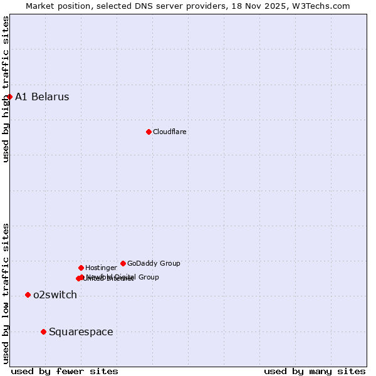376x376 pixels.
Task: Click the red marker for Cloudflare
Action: tap(149, 132)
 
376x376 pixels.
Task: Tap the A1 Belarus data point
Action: tap(9, 97)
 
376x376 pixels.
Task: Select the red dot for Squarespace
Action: tap(43, 332)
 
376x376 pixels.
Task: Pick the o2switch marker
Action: tap(28, 295)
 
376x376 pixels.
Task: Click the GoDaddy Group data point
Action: tap(123, 263)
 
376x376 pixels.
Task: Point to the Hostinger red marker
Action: tap(81, 268)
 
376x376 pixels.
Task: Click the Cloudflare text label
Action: tap(170, 132)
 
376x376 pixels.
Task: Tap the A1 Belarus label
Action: tap(42, 97)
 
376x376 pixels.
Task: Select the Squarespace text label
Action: tap(81, 332)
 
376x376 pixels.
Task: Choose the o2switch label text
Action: tap(55, 295)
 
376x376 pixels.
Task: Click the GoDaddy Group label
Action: tap(154, 263)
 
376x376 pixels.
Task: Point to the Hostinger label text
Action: tap(101, 268)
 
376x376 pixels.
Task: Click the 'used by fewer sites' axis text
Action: tap(65, 371)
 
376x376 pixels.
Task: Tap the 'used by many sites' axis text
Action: tap(315, 371)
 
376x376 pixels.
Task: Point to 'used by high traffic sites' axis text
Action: tap(6, 90)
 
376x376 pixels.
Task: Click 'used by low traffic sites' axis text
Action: tap(6, 293)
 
